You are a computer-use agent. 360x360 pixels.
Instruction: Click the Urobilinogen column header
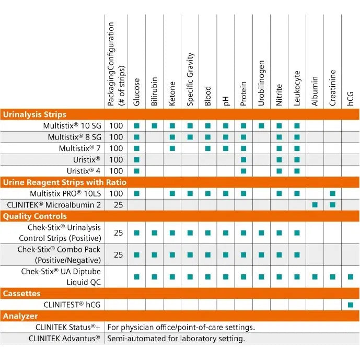tap(261, 83)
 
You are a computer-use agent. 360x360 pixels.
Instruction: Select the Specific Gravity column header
tap(190, 79)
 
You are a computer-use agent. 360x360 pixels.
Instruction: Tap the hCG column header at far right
tap(351, 99)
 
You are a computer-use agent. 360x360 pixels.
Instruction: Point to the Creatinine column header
tap(333, 88)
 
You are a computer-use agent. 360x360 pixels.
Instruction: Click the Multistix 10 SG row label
tap(72, 126)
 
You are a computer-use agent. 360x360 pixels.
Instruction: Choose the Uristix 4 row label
tap(84, 171)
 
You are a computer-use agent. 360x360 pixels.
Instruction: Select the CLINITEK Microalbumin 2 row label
tap(54, 205)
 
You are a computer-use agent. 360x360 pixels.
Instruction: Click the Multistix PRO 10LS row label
tap(65, 193)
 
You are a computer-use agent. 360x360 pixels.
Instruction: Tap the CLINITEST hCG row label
tap(72, 305)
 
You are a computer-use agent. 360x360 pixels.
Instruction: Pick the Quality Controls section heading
tap(34, 216)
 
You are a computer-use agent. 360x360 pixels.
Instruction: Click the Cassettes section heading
tap(21, 294)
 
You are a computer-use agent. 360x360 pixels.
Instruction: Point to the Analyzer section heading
tap(20, 316)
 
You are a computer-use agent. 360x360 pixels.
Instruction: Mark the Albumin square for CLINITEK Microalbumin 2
tap(315, 205)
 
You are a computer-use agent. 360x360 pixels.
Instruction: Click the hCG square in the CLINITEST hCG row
tap(351, 305)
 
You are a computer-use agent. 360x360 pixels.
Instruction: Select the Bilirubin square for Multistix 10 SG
tap(155, 126)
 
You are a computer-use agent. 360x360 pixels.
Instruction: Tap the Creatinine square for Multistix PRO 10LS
tap(333, 193)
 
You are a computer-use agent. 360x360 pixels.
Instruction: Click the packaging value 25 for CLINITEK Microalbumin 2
tap(118, 205)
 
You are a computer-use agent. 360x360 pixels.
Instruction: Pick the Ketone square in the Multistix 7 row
tap(172, 148)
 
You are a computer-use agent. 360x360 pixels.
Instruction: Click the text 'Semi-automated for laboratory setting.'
tap(176, 339)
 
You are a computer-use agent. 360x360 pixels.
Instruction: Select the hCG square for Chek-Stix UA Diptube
tap(351, 277)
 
